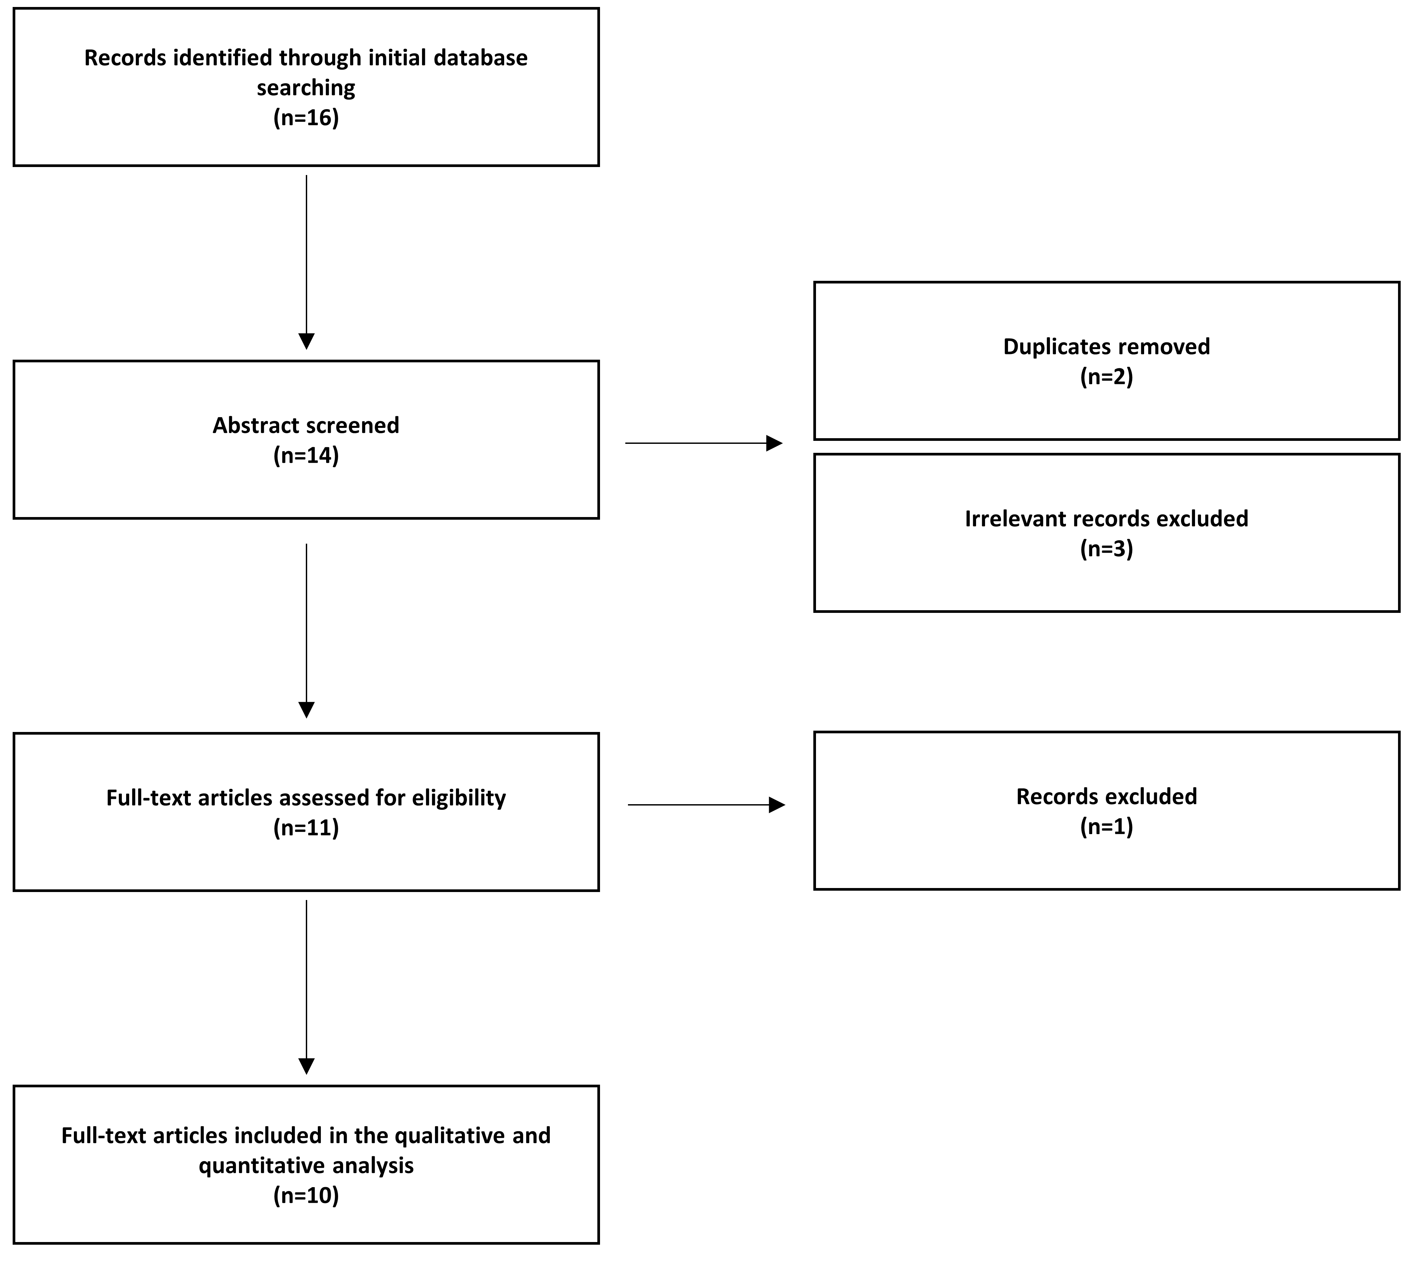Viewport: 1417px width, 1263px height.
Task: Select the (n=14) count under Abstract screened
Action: (306, 455)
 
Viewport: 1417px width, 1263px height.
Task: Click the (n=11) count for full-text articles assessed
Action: (306, 828)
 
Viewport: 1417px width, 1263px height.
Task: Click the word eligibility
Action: (459, 798)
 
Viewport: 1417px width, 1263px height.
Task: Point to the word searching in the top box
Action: (306, 88)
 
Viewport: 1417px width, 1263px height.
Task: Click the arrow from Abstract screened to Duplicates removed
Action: (704, 443)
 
